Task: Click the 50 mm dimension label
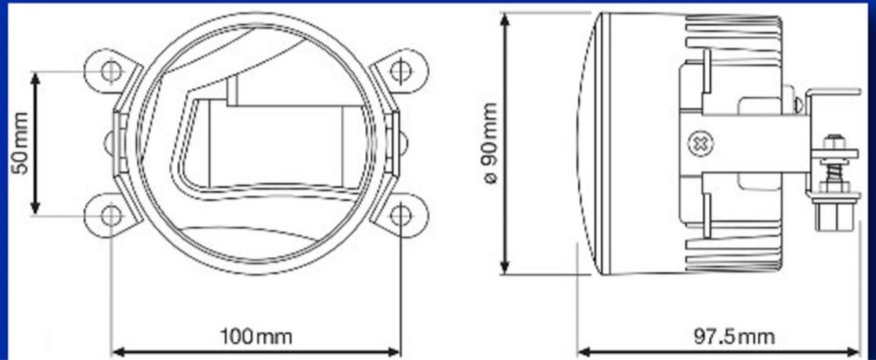pyautogui.click(x=20, y=144)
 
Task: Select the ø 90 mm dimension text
pyautogui.click(x=488, y=144)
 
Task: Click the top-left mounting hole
pyautogui.click(x=110, y=70)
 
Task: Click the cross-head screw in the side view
pyautogui.click(x=699, y=144)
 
